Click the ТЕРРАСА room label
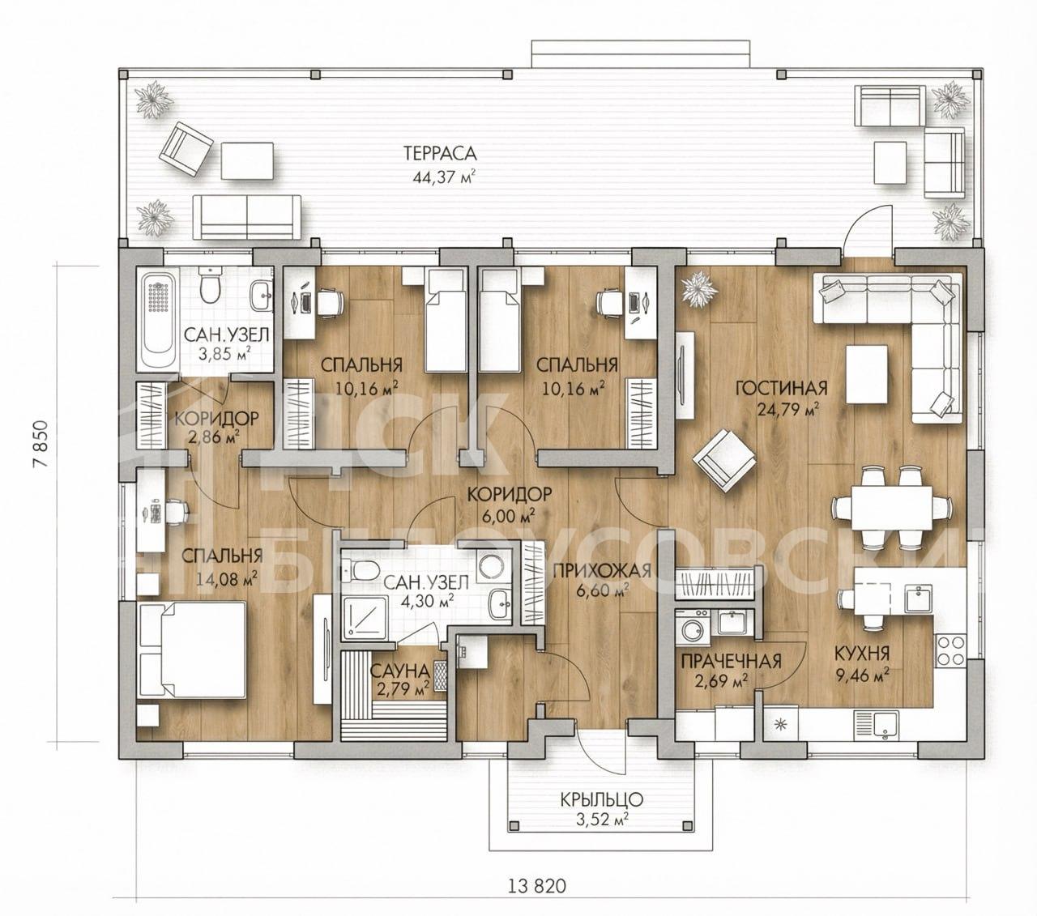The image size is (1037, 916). coord(440,153)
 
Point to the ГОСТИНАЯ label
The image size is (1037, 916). coord(782,388)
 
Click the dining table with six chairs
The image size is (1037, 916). coord(891,509)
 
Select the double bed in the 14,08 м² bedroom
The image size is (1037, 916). coord(191,650)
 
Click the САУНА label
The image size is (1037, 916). coord(399,670)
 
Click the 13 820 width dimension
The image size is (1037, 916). coord(537,886)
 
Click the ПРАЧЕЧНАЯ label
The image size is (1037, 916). coord(731,661)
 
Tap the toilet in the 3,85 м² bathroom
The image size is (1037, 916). coord(209,287)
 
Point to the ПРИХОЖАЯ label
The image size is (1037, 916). coord(601,569)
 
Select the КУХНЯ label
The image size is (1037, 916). coord(862,654)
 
